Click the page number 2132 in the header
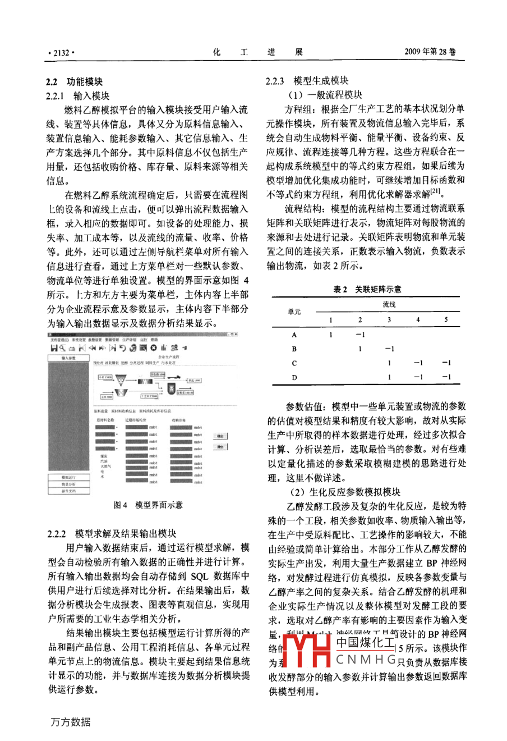(x=61, y=53)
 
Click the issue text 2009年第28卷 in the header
(x=430, y=52)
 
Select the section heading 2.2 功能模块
(x=74, y=81)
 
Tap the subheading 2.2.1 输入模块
(x=77, y=95)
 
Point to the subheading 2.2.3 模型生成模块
(x=307, y=81)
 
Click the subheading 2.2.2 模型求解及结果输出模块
(x=112, y=533)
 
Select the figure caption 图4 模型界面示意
(x=148, y=505)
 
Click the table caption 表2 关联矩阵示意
(x=367, y=289)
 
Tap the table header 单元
(x=294, y=312)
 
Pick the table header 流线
(x=389, y=304)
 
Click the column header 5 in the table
(x=446, y=320)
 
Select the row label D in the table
(x=294, y=377)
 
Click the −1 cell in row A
(x=360, y=335)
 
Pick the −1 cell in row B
(x=389, y=349)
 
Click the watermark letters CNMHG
(x=366, y=660)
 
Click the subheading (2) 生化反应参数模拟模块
(x=344, y=492)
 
